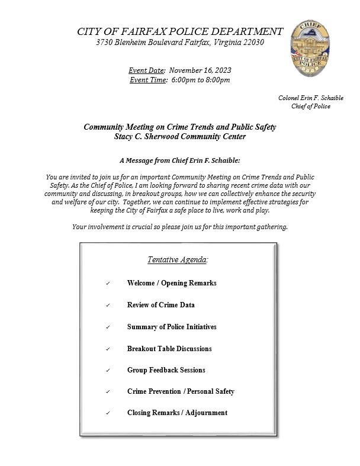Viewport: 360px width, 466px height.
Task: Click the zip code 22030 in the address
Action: (252, 43)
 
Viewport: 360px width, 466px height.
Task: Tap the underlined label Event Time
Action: (148, 80)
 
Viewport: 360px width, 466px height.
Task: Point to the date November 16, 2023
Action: (200, 70)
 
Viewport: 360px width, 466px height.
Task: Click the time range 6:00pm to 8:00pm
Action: (201, 80)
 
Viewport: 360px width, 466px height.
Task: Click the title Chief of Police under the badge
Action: (310, 107)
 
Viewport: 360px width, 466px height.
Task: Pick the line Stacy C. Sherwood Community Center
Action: (179, 137)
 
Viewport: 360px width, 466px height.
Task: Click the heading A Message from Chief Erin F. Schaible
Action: (179, 160)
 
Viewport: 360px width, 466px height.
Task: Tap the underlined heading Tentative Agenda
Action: (178, 260)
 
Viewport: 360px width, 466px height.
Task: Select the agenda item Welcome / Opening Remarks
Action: (172, 283)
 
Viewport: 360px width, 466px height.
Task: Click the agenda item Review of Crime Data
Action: (160, 305)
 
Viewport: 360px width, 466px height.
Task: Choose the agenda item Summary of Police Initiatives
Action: (172, 327)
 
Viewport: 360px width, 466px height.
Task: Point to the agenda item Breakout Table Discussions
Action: (169, 349)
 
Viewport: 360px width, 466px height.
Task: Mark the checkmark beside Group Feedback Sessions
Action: (108, 371)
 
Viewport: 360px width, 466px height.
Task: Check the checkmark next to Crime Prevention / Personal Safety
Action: (108, 392)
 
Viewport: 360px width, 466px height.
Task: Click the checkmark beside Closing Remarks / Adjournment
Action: (108, 413)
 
